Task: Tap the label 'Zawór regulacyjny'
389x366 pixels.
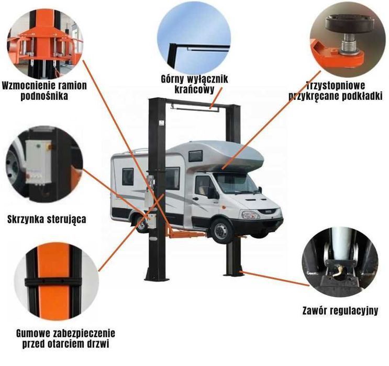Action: coord(340,311)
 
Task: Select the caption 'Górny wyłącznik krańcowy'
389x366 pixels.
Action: coord(194,84)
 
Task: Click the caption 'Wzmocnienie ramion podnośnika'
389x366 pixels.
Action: coord(44,90)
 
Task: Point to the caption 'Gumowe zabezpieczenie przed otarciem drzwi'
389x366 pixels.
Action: coord(58,338)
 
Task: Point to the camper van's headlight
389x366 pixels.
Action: coord(250,214)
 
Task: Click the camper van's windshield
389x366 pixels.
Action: coord(237,183)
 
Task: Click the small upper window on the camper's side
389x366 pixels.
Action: coord(195,156)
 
